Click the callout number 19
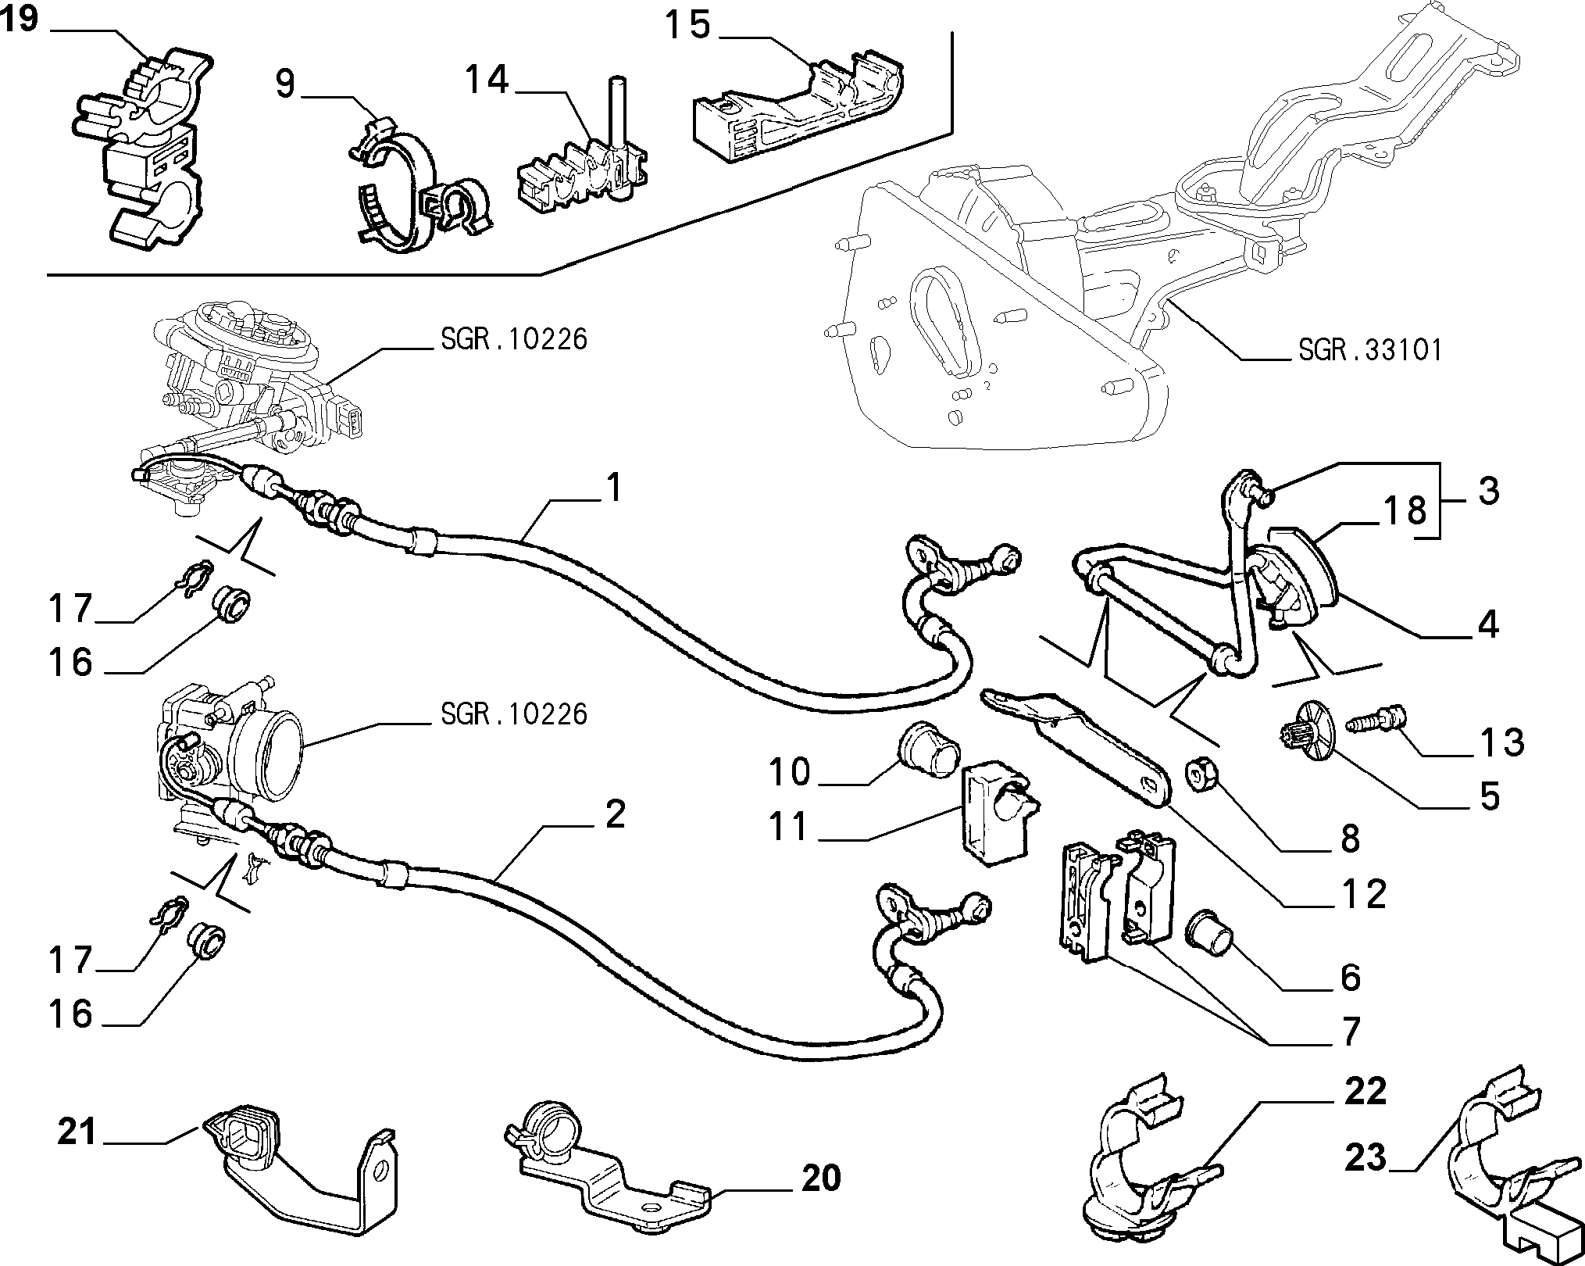click(20, 19)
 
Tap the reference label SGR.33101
click(1369, 349)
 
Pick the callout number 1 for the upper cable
click(615, 488)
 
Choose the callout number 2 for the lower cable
click(616, 815)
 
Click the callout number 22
click(1365, 1091)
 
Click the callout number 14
click(487, 80)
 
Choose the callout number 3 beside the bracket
click(1489, 492)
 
